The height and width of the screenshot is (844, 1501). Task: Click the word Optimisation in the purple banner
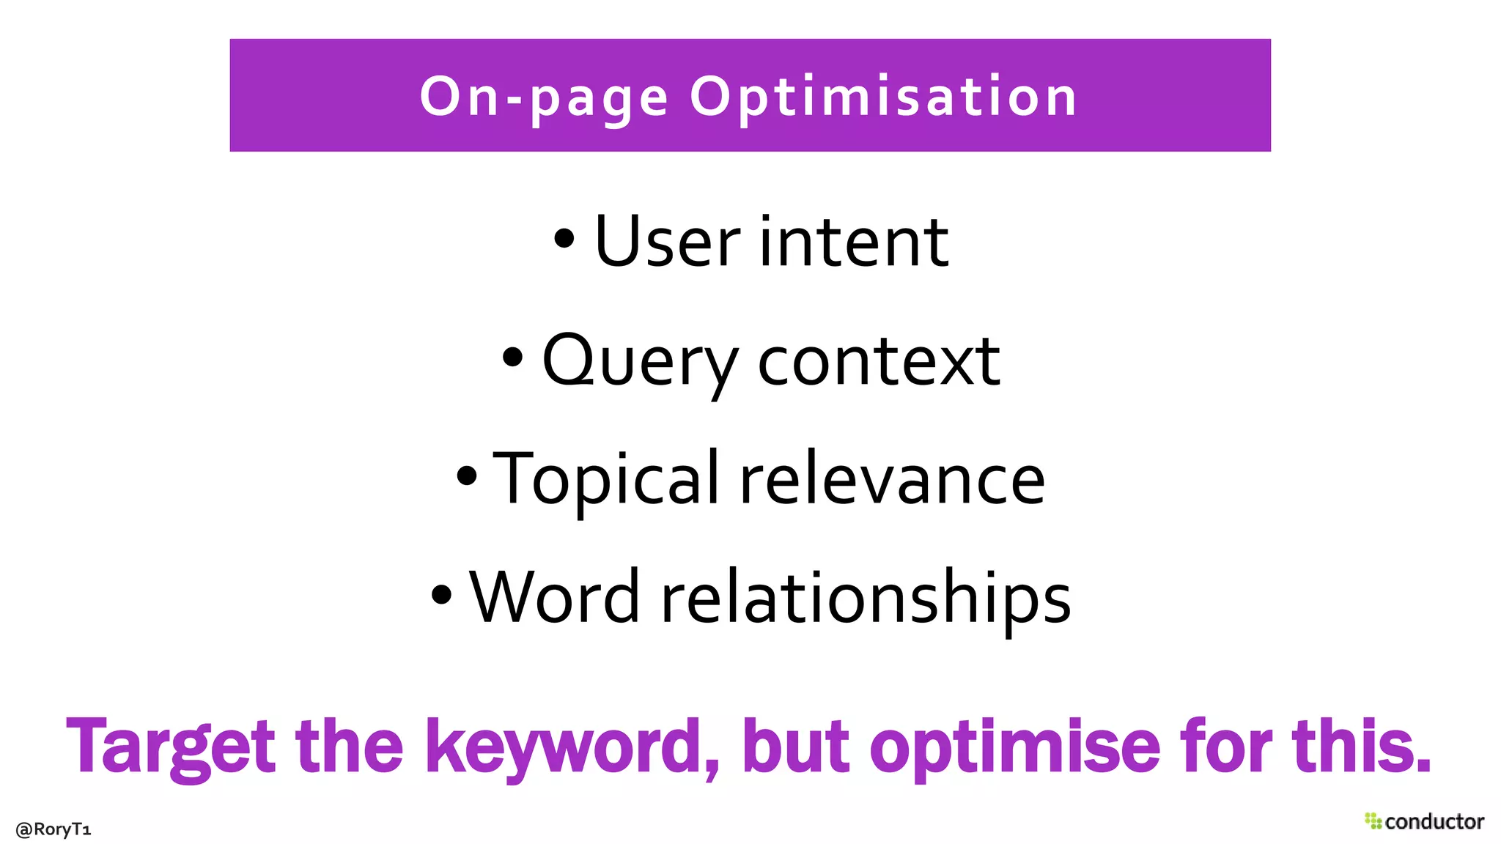coord(883,97)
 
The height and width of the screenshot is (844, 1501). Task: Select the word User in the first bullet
coord(667,242)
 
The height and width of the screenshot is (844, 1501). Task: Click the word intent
coord(854,242)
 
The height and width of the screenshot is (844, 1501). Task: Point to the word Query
coord(639,360)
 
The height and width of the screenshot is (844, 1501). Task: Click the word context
coord(878,360)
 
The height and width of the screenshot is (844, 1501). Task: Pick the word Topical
coord(606,479)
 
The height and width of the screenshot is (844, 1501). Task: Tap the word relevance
coord(892,479)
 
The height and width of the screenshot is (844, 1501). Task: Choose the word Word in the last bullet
coord(555,597)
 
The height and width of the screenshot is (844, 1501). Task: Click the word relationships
coord(866,597)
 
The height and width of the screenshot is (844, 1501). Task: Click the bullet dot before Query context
coord(512,357)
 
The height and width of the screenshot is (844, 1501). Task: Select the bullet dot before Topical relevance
coord(466,475)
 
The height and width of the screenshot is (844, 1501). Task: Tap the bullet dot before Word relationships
coord(441,594)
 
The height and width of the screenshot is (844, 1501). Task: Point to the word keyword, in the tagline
coord(572,747)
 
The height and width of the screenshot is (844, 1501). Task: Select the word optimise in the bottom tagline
coord(1014,747)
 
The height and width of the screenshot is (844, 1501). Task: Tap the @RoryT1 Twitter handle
coord(53,829)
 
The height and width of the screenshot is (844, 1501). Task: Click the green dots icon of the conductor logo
coord(1373,821)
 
